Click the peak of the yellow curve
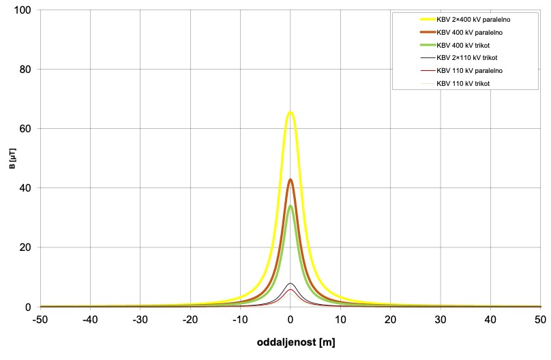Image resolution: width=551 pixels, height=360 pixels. (x=291, y=112)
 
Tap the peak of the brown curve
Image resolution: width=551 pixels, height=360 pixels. (x=291, y=180)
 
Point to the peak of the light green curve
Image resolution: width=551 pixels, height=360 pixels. (x=291, y=206)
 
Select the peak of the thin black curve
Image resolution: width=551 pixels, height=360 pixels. (x=291, y=284)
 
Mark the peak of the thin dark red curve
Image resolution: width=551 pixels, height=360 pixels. (x=291, y=290)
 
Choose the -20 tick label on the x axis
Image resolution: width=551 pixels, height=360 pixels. (x=190, y=318)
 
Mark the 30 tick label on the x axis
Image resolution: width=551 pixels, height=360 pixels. (x=441, y=318)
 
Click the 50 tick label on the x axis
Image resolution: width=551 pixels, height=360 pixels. (x=540, y=318)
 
